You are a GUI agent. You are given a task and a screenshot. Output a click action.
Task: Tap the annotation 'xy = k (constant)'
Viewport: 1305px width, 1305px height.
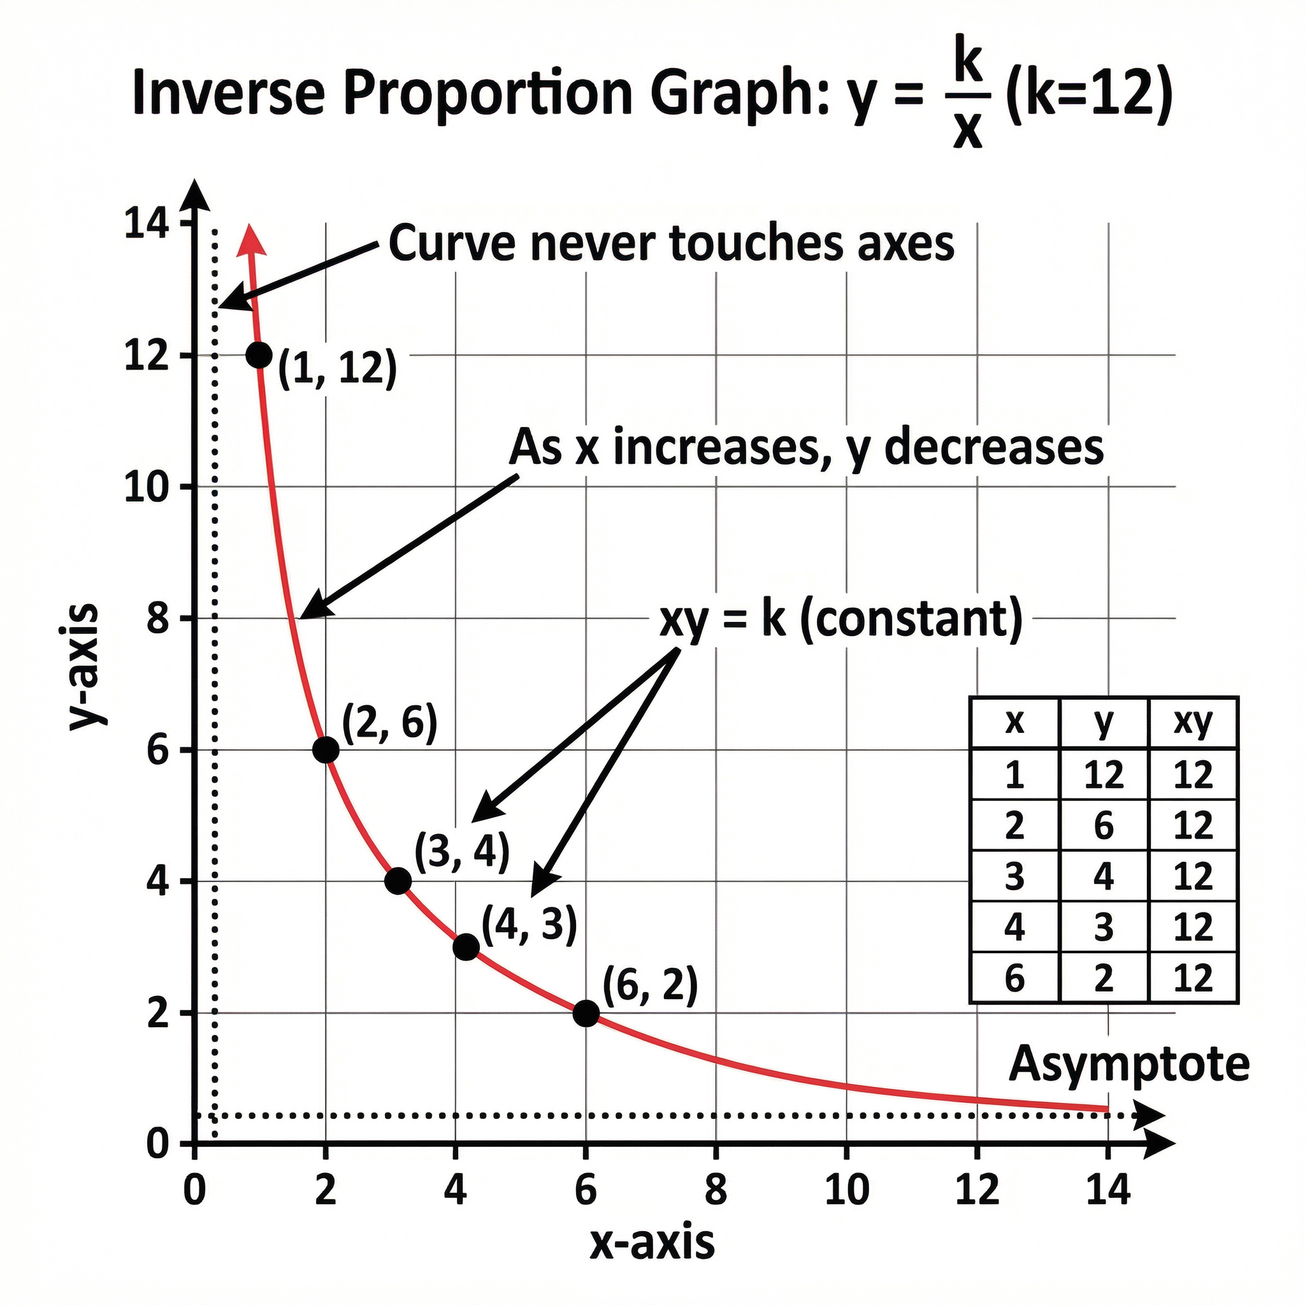click(840, 619)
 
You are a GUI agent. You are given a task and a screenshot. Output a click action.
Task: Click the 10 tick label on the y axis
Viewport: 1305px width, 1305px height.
click(147, 487)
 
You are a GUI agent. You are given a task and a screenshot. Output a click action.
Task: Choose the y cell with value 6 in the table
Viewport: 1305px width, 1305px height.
click(1103, 825)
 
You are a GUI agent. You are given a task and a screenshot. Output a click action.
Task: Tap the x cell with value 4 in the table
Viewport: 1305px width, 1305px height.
click(1014, 927)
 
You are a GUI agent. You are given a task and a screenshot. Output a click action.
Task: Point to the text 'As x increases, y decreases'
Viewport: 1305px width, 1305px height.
click(806, 448)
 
